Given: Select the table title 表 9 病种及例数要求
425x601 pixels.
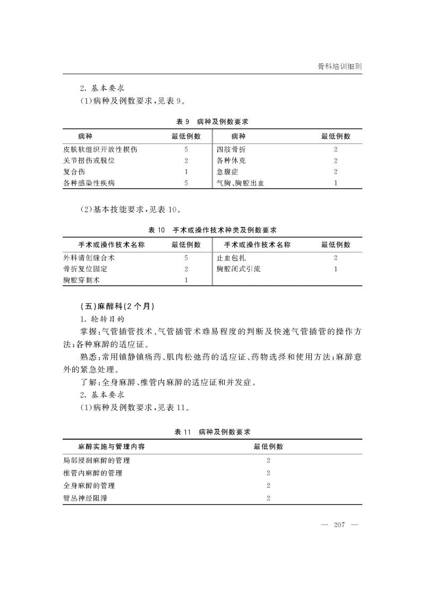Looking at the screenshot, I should click(212, 121).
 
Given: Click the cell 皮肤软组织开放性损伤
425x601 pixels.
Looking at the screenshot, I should click(100, 149).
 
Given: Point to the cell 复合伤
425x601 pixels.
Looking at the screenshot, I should click(74, 172).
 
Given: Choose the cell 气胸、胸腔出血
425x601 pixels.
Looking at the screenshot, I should click(240, 183).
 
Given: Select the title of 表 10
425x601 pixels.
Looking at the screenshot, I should click(212, 230).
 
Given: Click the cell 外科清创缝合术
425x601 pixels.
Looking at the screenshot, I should click(89, 258).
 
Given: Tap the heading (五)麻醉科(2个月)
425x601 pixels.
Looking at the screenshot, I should click(115, 307).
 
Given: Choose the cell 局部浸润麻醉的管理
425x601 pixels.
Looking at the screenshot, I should click(96, 460).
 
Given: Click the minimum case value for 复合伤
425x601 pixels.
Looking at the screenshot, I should click(186, 172).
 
